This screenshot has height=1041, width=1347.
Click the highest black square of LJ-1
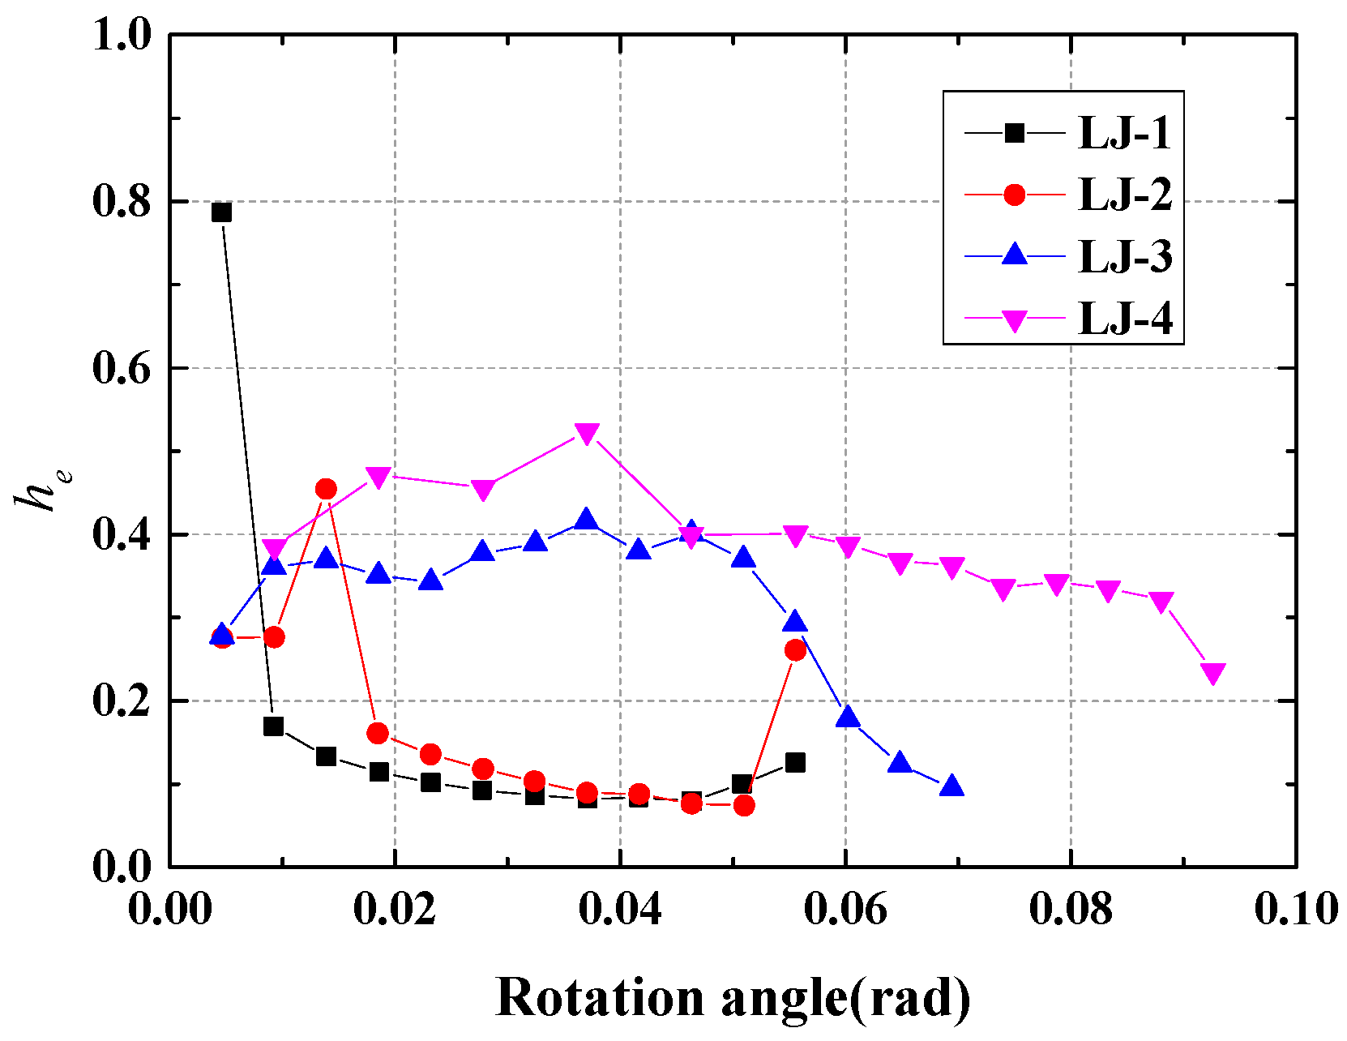(221, 212)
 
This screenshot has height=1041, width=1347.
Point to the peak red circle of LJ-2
(326, 489)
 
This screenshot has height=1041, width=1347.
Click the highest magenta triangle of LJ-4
(586, 433)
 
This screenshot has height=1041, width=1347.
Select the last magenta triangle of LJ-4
(1212, 673)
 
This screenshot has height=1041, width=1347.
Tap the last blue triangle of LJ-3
(952, 786)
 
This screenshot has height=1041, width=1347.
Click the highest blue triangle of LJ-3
(586, 520)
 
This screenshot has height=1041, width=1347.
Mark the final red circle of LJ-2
(795, 650)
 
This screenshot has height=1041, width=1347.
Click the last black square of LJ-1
(795, 763)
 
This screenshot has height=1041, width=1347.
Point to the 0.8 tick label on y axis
(122, 202)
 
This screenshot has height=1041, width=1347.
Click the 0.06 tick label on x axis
(845, 909)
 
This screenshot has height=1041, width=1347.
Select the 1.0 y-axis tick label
(122, 36)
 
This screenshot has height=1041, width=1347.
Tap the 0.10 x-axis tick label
(1295, 909)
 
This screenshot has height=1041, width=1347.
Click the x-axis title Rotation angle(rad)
(733, 997)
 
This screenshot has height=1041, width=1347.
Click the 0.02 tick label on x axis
(395, 909)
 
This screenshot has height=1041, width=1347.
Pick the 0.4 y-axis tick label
(122, 535)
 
